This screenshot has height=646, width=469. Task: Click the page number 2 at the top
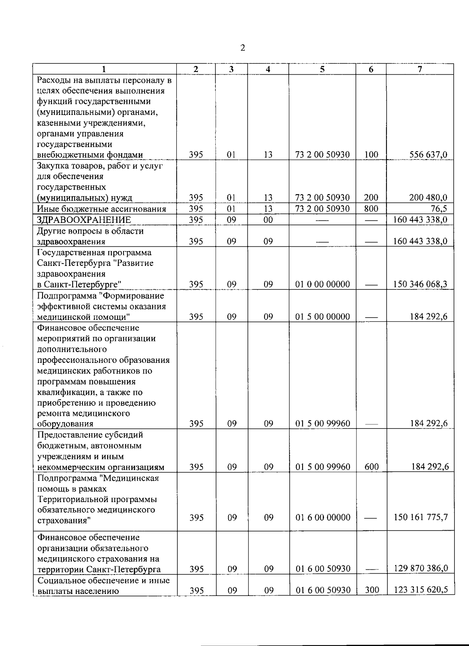pos(243,48)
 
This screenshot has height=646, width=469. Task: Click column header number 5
pos(322,69)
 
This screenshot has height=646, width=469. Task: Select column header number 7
pos(420,69)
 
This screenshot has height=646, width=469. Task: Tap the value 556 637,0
pos(428,155)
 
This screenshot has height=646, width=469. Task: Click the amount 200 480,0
pos(428,198)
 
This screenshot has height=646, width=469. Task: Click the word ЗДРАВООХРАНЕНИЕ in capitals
pos(84,220)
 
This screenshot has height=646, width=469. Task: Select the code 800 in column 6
pos(371,209)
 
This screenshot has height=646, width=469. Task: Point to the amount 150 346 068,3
pos(421,284)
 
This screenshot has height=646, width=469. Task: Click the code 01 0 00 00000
pos(322,284)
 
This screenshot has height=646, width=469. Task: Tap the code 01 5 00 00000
pos(322,317)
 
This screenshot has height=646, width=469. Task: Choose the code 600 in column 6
pos(371,467)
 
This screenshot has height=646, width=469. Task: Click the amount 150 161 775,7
pos(421,517)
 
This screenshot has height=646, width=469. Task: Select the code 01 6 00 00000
pos(323,517)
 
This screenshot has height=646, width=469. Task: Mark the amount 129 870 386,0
pos(421,569)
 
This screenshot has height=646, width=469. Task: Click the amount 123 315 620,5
pos(421,590)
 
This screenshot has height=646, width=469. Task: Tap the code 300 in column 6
pos(372,590)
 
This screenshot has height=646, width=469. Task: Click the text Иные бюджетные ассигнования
pos(102,209)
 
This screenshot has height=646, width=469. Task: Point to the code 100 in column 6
pos(371,155)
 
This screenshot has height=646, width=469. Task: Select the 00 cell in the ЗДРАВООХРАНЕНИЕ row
pos(268,220)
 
